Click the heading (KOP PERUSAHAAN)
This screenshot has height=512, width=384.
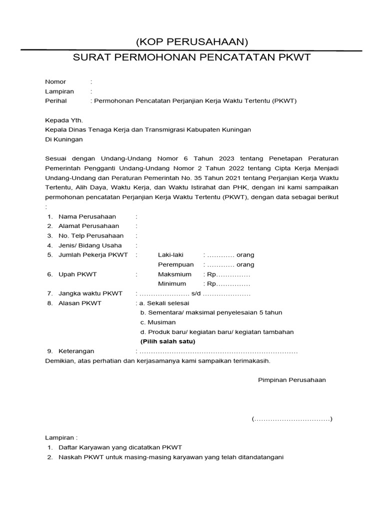[192, 41]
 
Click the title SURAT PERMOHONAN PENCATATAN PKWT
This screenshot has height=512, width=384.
[192, 57]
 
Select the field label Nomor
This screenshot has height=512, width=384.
[55, 81]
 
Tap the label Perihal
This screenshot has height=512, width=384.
[55, 100]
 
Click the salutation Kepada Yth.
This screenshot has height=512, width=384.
[64, 120]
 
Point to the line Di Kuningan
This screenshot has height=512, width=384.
[64, 139]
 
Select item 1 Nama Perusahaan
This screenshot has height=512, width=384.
[87, 216]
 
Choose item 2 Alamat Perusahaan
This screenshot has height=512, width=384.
[88, 226]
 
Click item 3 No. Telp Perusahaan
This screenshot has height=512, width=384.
[90, 235]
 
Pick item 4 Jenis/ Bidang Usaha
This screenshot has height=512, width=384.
[90, 245]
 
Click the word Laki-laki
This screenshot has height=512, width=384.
[171, 255]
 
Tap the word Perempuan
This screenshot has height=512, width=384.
[175, 264]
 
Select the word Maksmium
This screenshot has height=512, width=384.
[174, 274]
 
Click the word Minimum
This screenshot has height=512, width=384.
[172, 284]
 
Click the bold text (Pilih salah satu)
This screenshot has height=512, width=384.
[168, 341]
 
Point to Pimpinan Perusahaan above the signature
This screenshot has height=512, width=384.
[291, 380]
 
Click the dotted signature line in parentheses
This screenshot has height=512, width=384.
[292, 419]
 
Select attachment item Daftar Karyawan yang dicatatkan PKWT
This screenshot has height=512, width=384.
[120, 447]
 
